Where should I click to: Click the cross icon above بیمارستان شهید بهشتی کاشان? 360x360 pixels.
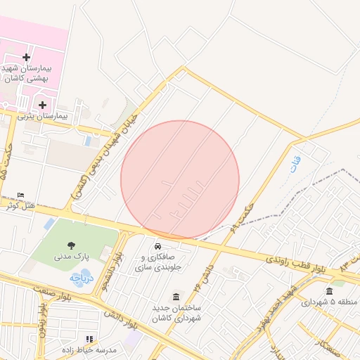[x=27, y=57]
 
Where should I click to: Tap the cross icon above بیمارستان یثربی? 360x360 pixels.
[x=42, y=104]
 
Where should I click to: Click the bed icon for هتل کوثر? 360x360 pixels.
[x=20, y=194]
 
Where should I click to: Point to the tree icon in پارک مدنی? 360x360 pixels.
[x=72, y=244]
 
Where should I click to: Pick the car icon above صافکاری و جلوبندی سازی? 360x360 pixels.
[x=158, y=246]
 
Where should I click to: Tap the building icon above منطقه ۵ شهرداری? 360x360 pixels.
[x=329, y=291]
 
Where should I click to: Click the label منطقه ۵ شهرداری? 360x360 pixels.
[x=329, y=302]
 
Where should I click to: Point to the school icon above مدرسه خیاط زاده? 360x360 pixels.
[x=89, y=339]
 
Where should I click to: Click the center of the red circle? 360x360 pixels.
[x=180, y=179]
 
